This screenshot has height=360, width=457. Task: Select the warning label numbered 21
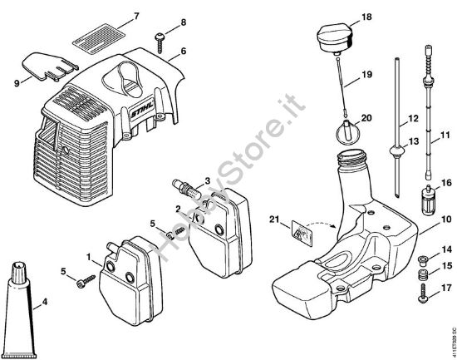(302, 236)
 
